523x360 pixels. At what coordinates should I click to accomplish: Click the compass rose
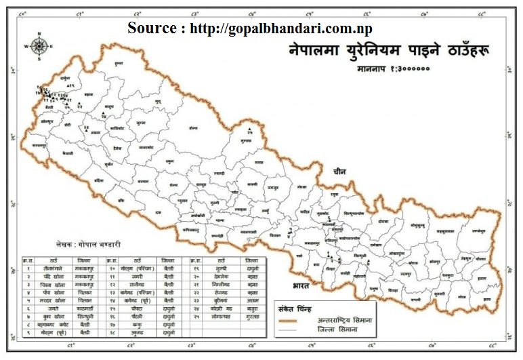[x=39, y=45]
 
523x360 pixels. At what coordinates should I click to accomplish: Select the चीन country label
[x=339, y=172]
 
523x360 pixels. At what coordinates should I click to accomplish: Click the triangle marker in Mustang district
[x=249, y=130]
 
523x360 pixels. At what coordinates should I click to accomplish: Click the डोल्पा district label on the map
[x=194, y=127]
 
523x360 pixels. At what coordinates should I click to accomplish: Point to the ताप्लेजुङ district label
[x=480, y=231]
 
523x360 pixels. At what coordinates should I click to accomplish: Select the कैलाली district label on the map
[x=66, y=155]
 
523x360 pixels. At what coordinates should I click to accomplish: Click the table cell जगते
[x=48, y=306]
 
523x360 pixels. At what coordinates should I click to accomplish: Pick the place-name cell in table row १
[x=49, y=268]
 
